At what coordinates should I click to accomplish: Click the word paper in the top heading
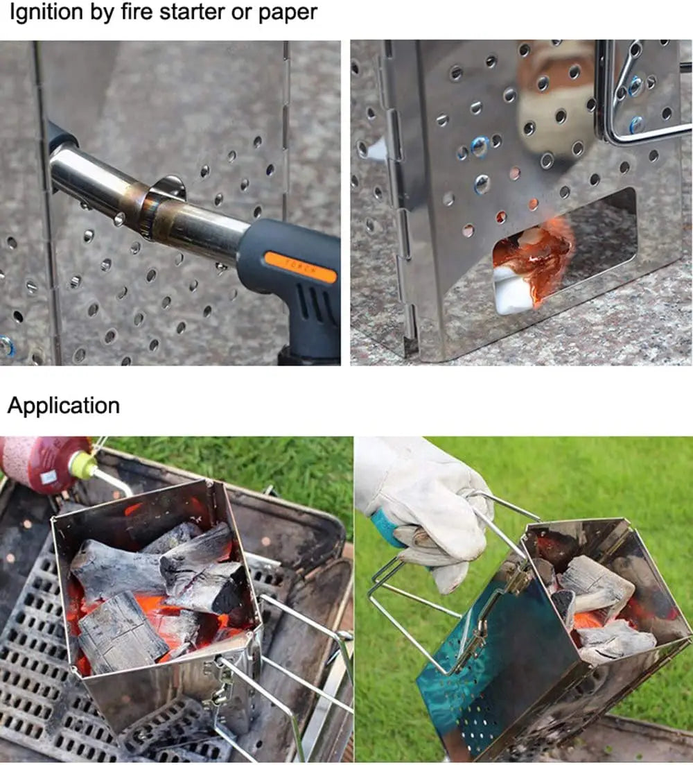[x=286, y=12]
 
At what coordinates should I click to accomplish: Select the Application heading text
[x=63, y=405]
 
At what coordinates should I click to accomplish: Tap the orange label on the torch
[x=299, y=266]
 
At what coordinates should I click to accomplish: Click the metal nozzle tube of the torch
[x=139, y=194]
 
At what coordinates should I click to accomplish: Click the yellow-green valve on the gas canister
[x=83, y=466]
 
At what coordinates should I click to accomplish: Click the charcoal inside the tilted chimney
[x=596, y=590]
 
